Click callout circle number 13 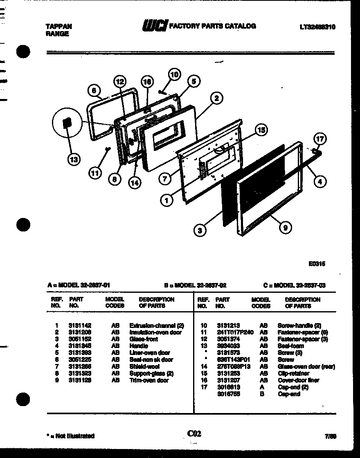coord(74,159)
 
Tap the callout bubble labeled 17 coord(320,139)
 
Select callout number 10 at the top coord(174,74)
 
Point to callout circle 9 coord(285,227)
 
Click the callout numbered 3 coord(199,231)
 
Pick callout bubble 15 coord(260,130)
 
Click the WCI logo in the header coord(155,26)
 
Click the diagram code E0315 coord(317,264)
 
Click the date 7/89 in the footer coord(331,436)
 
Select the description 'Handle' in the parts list coord(139,346)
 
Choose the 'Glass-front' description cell coord(144,339)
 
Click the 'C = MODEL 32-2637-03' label coord(294,285)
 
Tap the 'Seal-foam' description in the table coord(290,346)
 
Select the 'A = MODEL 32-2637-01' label coord(78,285)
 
